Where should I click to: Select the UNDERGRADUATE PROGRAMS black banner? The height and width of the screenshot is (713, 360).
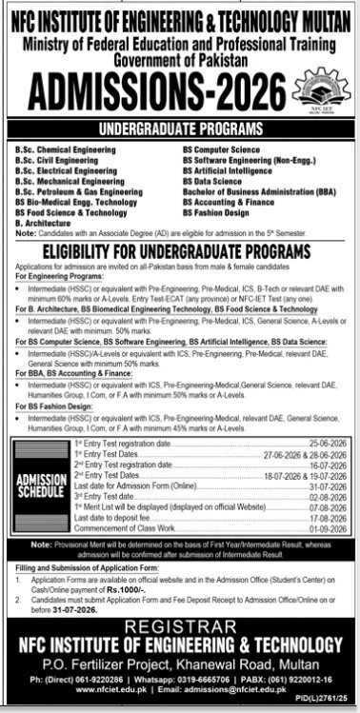180,128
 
